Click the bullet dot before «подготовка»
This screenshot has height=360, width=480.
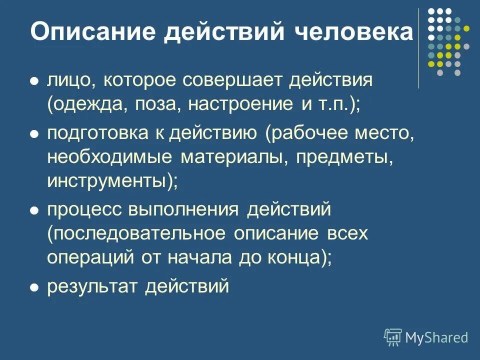point(34,133)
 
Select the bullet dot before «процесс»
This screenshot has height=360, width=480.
point(34,210)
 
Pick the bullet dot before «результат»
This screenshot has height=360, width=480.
point(34,287)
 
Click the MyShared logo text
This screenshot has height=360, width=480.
point(436,337)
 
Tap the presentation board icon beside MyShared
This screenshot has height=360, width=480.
point(393,337)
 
